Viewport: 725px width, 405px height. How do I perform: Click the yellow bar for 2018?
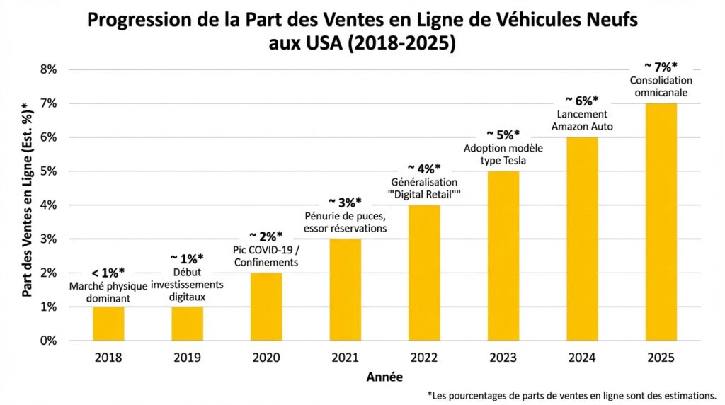[x=108, y=324]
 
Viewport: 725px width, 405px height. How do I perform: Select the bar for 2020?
[x=266, y=307]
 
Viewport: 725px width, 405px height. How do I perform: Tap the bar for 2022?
[x=424, y=273]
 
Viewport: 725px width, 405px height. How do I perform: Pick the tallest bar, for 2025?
[x=661, y=222]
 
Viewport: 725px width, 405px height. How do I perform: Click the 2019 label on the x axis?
[x=187, y=358]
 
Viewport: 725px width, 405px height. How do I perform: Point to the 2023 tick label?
[x=503, y=358]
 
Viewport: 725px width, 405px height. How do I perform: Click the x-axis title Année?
[x=385, y=377]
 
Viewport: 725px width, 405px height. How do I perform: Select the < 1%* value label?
[x=108, y=272]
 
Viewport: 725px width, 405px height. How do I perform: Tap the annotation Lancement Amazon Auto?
[x=582, y=120]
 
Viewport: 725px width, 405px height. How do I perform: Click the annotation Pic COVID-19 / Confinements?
[x=266, y=256]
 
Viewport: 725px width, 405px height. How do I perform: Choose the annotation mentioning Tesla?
[x=503, y=154]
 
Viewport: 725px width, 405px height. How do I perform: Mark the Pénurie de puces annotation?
[x=345, y=222]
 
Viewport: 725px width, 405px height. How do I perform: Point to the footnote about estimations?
[x=572, y=395]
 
